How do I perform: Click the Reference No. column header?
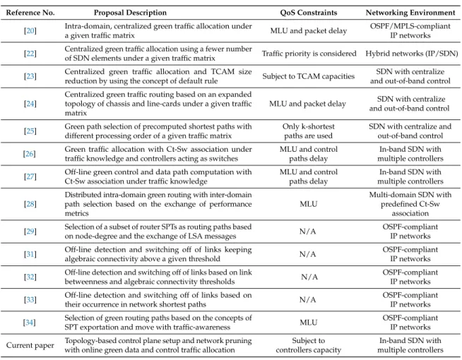(x=30, y=13)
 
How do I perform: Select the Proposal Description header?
(x=130, y=13)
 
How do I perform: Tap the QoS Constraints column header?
(x=309, y=13)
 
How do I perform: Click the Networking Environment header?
(x=410, y=13)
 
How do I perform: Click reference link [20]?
(x=30, y=30)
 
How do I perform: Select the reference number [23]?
(x=30, y=76)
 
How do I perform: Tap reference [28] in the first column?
(x=30, y=204)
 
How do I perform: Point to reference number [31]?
(x=30, y=254)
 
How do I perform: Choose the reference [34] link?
(x=30, y=323)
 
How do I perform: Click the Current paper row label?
(x=30, y=345)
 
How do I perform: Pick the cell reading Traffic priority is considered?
(x=309, y=54)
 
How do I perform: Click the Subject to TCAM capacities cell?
(x=309, y=76)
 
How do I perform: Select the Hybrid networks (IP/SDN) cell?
(x=412, y=54)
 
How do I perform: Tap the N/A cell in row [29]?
(x=307, y=232)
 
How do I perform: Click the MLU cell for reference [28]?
(x=309, y=204)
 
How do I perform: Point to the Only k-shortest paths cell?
(x=309, y=131)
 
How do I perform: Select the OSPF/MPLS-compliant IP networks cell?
(x=410, y=30)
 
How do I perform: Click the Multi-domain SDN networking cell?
(x=410, y=204)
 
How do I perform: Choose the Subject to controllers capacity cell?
(x=309, y=345)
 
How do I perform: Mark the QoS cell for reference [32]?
(x=309, y=277)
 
